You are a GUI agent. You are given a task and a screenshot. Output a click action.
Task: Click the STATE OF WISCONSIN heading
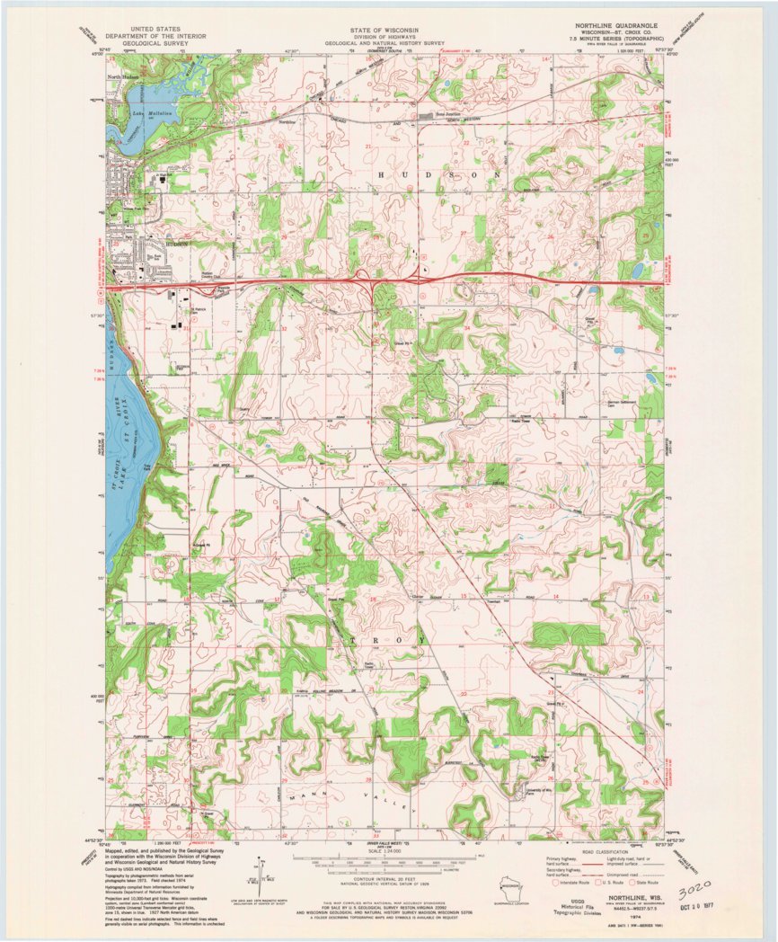(384, 29)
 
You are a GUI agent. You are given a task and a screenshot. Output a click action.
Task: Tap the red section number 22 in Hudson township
(465, 142)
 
